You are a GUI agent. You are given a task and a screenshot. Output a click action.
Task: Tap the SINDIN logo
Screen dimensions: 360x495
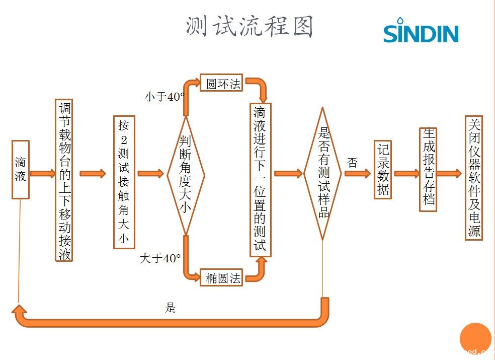tap(421, 31)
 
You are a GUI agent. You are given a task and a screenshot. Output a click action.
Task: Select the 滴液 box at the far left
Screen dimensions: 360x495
tap(20, 170)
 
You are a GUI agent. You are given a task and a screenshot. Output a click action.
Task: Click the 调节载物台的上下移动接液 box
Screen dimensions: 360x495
tap(64, 180)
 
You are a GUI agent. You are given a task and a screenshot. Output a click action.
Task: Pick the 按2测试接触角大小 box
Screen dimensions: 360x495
tap(124, 182)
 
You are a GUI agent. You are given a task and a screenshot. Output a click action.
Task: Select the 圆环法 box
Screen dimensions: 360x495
tap(221, 84)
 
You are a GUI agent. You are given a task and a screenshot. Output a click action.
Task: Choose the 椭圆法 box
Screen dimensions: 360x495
tap(221, 277)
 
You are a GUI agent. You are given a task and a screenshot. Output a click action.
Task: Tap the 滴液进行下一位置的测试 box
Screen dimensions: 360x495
tap(260, 180)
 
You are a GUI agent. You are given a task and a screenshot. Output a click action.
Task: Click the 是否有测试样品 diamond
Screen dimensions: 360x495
tap(322, 174)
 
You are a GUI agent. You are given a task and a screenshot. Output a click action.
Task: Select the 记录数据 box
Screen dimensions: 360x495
tap(383, 170)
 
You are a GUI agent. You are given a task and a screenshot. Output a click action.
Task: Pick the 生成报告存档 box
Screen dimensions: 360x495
tap(428, 169)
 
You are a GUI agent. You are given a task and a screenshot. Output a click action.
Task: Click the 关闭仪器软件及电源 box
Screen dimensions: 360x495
tap(474, 178)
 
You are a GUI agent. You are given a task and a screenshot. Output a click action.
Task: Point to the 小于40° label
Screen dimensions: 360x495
tap(164, 97)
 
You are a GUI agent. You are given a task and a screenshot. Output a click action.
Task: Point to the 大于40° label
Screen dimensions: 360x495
tap(159, 259)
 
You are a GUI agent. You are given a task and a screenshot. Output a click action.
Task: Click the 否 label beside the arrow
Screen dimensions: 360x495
tap(352, 163)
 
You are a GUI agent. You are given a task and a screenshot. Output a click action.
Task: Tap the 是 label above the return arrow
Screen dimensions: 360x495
tap(170, 308)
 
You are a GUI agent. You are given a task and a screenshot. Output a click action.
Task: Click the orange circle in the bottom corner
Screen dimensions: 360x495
tap(475, 338)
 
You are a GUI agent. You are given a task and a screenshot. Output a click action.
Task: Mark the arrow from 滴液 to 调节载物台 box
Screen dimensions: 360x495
tap(42, 174)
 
